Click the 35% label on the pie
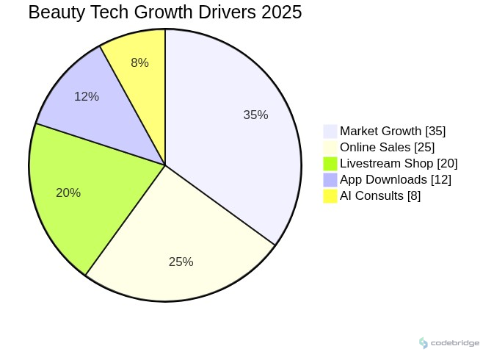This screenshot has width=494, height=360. click(255, 115)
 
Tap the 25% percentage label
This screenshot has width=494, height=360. click(181, 262)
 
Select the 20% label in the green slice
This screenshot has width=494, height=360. click(68, 193)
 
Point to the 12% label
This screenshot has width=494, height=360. click(87, 97)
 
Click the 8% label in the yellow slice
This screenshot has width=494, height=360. click(139, 63)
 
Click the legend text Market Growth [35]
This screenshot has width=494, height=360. click(393, 132)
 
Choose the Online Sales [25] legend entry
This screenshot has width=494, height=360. click(387, 148)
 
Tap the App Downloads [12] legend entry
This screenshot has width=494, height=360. click(396, 180)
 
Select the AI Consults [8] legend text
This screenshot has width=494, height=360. click(380, 196)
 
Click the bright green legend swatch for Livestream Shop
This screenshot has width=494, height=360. click(330, 164)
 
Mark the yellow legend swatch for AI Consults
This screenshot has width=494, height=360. click(330, 196)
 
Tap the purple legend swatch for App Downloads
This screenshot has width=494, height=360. click(330, 180)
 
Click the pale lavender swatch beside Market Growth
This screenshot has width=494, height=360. click(330, 132)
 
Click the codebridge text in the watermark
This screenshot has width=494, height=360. click(455, 343)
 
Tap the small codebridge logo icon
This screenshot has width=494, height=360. click(424, 343)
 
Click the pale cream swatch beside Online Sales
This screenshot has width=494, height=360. click(330, 148)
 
